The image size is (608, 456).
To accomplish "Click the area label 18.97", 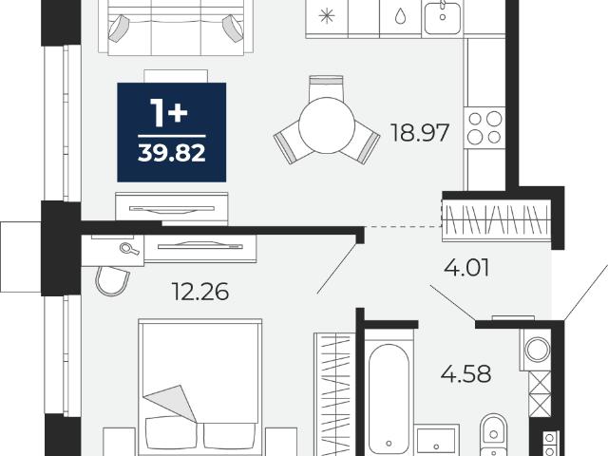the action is tap(420, 133).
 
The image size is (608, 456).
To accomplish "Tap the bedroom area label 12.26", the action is tap(200, 292).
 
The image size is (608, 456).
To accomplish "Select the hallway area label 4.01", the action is tap(466, 268).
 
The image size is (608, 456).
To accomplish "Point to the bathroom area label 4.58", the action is tap(466, 373).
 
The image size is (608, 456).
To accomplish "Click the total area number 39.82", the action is tap(171, 154).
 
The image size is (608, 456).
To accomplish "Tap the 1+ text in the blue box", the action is tap(169, 113).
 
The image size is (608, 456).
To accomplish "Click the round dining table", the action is tap(327, 125).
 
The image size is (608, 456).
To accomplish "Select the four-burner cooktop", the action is tap(484, 127).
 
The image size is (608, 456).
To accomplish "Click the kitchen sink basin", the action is tap(442, 17).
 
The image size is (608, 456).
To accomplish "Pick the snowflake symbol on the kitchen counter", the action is tap(326, 16).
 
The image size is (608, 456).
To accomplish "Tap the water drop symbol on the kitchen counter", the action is tap(400, 16).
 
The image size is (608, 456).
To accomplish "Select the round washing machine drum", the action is tap(537, 349).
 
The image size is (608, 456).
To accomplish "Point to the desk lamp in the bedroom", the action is tap(129, 249).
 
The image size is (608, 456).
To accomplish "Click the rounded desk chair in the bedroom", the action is tap(112, 281).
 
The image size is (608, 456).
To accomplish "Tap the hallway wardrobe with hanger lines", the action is tap(496, 219).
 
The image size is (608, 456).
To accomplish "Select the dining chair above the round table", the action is tap(326, 86).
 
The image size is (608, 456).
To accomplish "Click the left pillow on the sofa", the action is tap(118, 28).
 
